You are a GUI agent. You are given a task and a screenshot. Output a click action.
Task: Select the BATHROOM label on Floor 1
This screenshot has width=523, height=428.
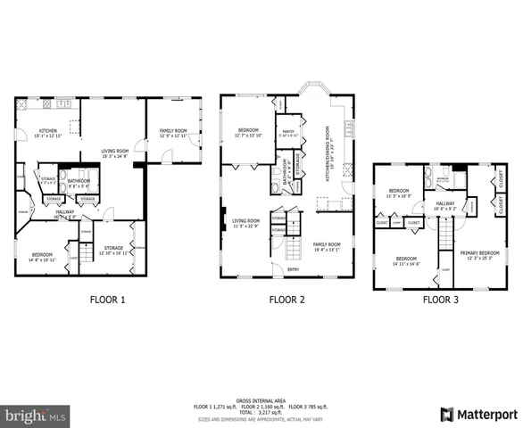point(78,180)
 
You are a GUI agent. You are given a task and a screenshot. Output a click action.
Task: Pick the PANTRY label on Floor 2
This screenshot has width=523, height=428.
point(287,132)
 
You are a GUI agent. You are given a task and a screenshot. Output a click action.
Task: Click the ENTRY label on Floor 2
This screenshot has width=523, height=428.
point(294,269)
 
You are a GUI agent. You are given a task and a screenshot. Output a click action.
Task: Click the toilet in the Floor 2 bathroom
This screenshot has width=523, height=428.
point(275,187)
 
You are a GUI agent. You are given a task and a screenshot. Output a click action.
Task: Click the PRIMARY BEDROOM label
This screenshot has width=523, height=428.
point(480,254)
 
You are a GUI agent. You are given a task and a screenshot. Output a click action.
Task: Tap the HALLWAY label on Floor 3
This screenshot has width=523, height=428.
point(445,204)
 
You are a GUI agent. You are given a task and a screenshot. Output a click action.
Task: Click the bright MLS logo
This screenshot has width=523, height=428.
point(35,416)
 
